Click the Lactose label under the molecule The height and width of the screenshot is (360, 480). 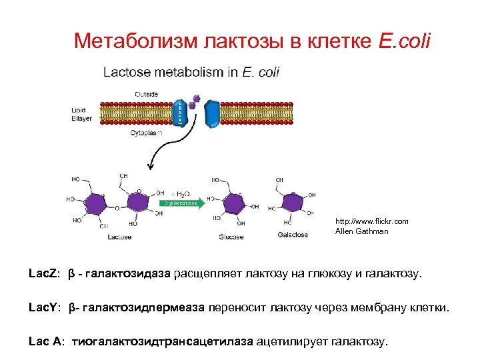pyautogui.click(x=119, y=237)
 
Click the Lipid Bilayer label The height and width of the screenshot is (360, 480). pyautogui.click(x=83, y=113)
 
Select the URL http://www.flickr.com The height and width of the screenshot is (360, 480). pyautogui.click(x=371, y=221)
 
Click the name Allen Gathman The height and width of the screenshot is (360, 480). pyautogui.click(x=361, y=231)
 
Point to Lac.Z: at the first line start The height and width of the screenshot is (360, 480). pyautogui.click(x=45, y=274)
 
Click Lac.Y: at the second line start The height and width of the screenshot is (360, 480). pyautogui.click(x=45, y=308)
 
